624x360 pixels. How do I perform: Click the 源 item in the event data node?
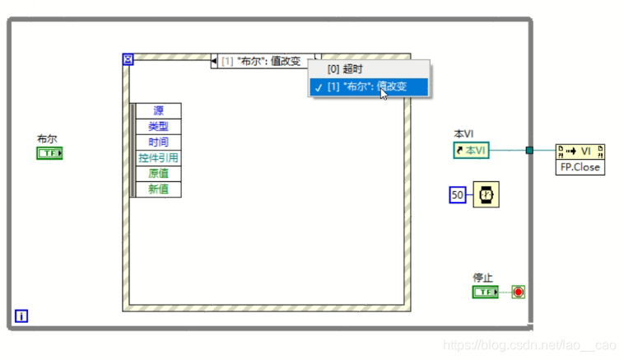(157, 111)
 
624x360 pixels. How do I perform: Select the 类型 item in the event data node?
(157, 127)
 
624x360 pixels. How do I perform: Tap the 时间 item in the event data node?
(157, 143)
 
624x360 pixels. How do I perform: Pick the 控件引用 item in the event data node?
(157, 158)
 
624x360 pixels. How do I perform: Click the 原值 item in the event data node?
(157, 174)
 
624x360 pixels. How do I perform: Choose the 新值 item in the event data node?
(157, 189)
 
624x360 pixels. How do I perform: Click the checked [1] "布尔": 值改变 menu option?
(369, 86)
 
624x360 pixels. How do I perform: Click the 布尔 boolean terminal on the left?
(49, 153)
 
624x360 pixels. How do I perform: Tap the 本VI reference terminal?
(472, 150)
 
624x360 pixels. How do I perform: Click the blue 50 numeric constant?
(458, 194)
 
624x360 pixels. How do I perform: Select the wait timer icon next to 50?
(485, 194)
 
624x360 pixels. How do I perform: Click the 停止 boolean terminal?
(485, 292)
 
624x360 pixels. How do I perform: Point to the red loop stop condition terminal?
(518, 292)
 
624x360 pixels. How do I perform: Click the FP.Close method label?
(580, 167)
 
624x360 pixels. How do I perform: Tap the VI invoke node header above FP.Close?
(580, 152)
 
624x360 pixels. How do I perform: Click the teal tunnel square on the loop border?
(530, 150)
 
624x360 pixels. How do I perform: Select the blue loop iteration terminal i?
(21, 315)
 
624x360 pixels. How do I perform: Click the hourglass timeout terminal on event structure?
(128, 60)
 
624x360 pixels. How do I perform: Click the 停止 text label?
(482, 278)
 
